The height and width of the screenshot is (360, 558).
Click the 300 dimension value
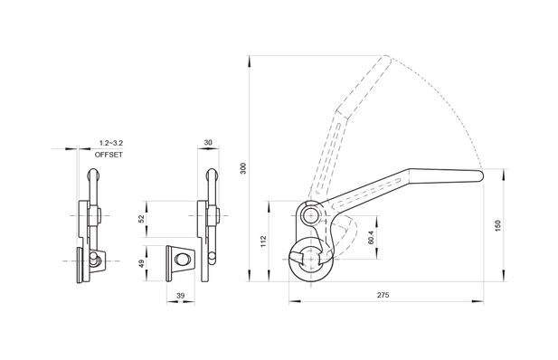pyautogui.click(x=243, y=168)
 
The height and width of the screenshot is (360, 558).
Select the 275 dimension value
pyautogui.click(x=383, y=295)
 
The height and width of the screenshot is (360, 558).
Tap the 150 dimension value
pyautogui.click(x=497, y=225)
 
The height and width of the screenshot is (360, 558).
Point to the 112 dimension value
pyautogui.click(x=264, y=242)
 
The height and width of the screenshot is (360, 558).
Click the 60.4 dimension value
pyautogui.click(x=371, y=238)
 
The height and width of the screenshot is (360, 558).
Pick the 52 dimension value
pyautogui.click(x=141, y=219)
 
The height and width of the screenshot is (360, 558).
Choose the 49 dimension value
pyautogui.click(x=141, y=264)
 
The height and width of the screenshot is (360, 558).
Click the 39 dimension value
pyautogui.click(x=181, y=295)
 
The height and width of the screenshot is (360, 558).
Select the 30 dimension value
pyautogui.click(x=208, y=142)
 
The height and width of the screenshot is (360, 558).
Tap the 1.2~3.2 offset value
pyautogui.click(x=111, y=143)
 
